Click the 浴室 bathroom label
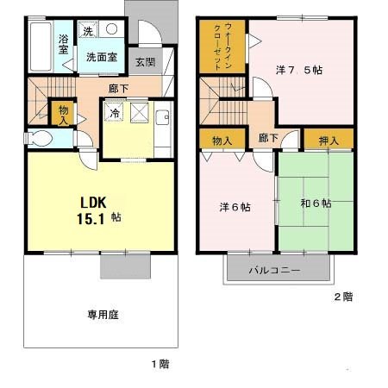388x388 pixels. click(64, 44)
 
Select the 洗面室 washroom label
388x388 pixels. click(102, 58)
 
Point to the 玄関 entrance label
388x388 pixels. click(145, 63)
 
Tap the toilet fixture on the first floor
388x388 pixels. click(41, 138)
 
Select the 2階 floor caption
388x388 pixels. click(343, 297)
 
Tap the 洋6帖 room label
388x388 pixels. click(234, 207)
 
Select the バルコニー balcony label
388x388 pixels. click(274, 270)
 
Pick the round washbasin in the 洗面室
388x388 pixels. click(112, 28)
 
